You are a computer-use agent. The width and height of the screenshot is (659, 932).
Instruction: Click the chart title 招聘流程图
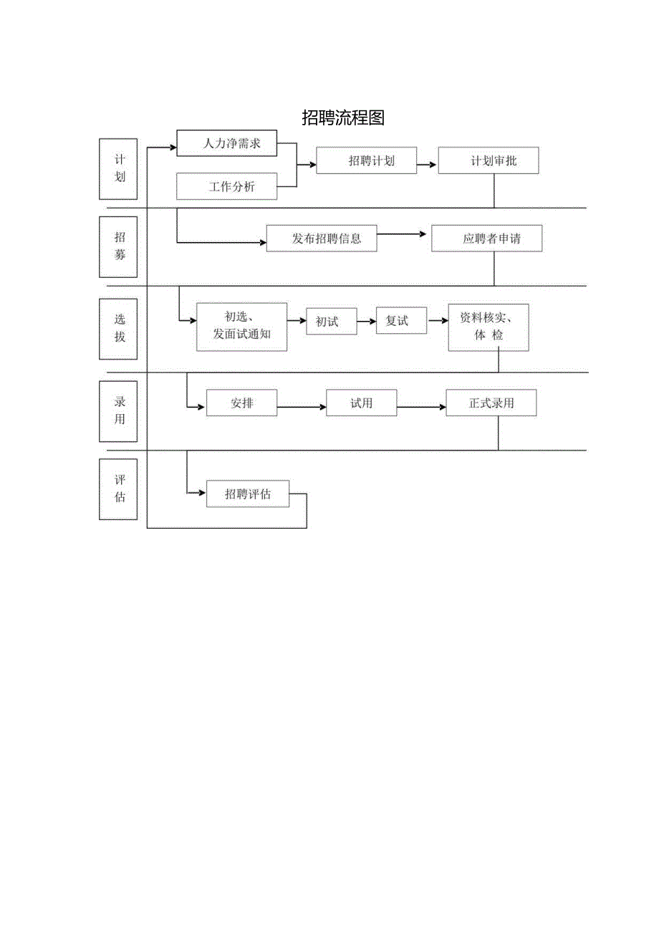click(343, 118)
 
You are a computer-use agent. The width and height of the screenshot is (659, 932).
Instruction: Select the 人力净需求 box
click(226, 143)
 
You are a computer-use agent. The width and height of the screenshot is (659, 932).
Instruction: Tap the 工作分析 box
click(226, 186)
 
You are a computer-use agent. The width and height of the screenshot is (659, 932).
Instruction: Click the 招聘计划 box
click(366, 160)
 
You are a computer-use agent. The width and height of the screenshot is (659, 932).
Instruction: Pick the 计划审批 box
click(488, 160)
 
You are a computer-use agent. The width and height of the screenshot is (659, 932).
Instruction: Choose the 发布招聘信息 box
click(322, 239)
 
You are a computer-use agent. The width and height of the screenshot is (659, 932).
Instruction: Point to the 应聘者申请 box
click(486, 239)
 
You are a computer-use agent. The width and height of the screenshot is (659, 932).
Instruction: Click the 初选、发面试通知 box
click(241, 327)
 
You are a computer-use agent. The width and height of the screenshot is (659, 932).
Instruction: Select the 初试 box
click(327, 322)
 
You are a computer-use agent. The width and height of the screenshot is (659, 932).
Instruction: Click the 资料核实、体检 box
click(489, 327)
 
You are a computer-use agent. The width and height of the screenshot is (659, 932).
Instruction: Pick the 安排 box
click(241, 403)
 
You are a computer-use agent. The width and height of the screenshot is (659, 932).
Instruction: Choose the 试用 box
click(361, 403)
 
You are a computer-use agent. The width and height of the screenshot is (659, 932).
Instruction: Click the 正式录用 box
click(491, 403)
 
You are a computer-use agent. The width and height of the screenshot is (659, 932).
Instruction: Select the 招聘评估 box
click(248, 494)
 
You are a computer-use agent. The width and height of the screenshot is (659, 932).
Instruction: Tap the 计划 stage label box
click(120, 168)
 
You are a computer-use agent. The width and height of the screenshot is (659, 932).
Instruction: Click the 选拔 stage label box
click(120, 329)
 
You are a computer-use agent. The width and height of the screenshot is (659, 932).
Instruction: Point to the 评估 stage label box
click(120, 488)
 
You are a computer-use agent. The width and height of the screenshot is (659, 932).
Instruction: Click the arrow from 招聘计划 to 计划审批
click(427, 164)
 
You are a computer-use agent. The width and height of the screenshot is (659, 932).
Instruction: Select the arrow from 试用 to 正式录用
click(421, 407)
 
